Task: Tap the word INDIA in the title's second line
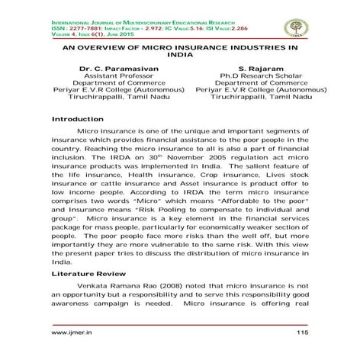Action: pyautogui.click(x=180, y=56)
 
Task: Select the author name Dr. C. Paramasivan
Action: pyautogui.click(x=117, y=69)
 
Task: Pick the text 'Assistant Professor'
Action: pyautogui.click(x=117, y=78)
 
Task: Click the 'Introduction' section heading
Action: pyautogui.click(x=77, y=120)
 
